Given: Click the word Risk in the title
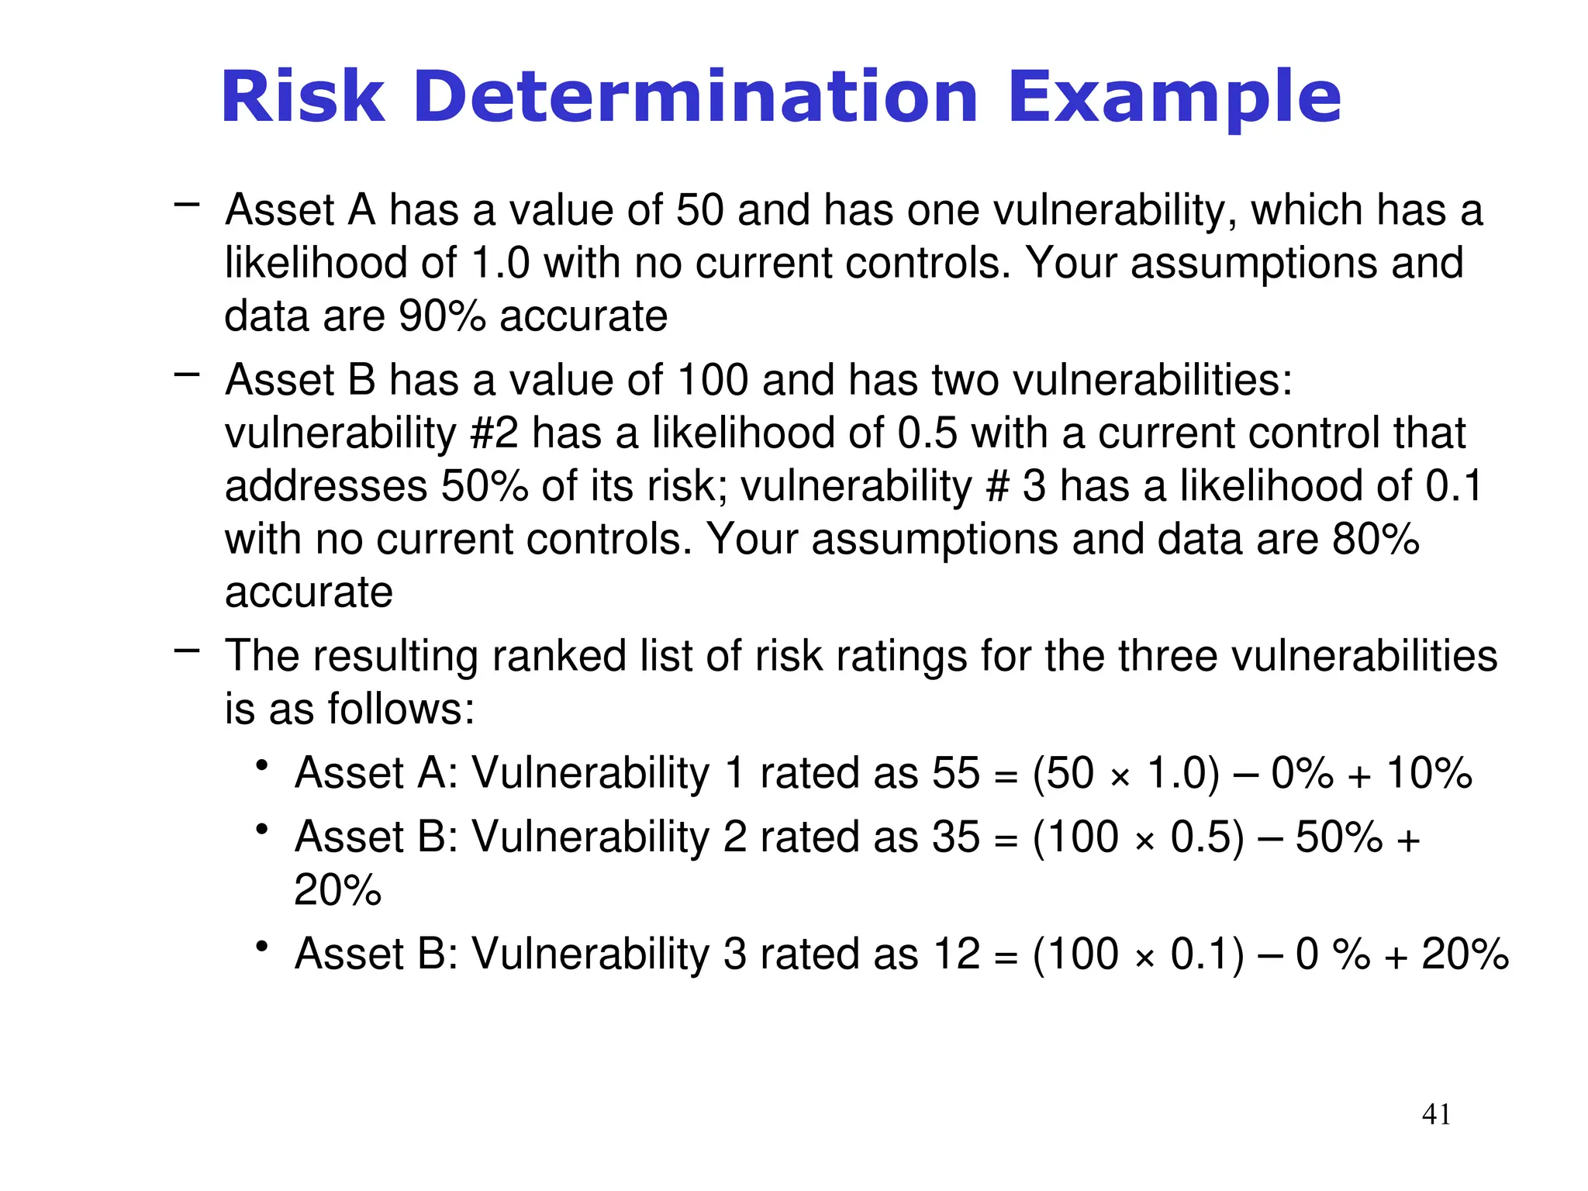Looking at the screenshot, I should tap(302, 98).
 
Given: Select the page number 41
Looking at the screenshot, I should tap(1436, 1114).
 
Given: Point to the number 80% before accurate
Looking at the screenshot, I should tap(1376, 539).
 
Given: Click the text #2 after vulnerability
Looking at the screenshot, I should tap(494, 433).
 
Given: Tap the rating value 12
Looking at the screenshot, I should tap(957, 954).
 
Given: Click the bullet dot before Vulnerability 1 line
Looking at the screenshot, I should tap(263, 767).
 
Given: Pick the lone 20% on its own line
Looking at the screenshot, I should tap(337, 890).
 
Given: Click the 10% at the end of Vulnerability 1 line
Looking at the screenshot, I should tap(1428, 773).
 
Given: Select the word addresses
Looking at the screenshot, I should tap(326, 486).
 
